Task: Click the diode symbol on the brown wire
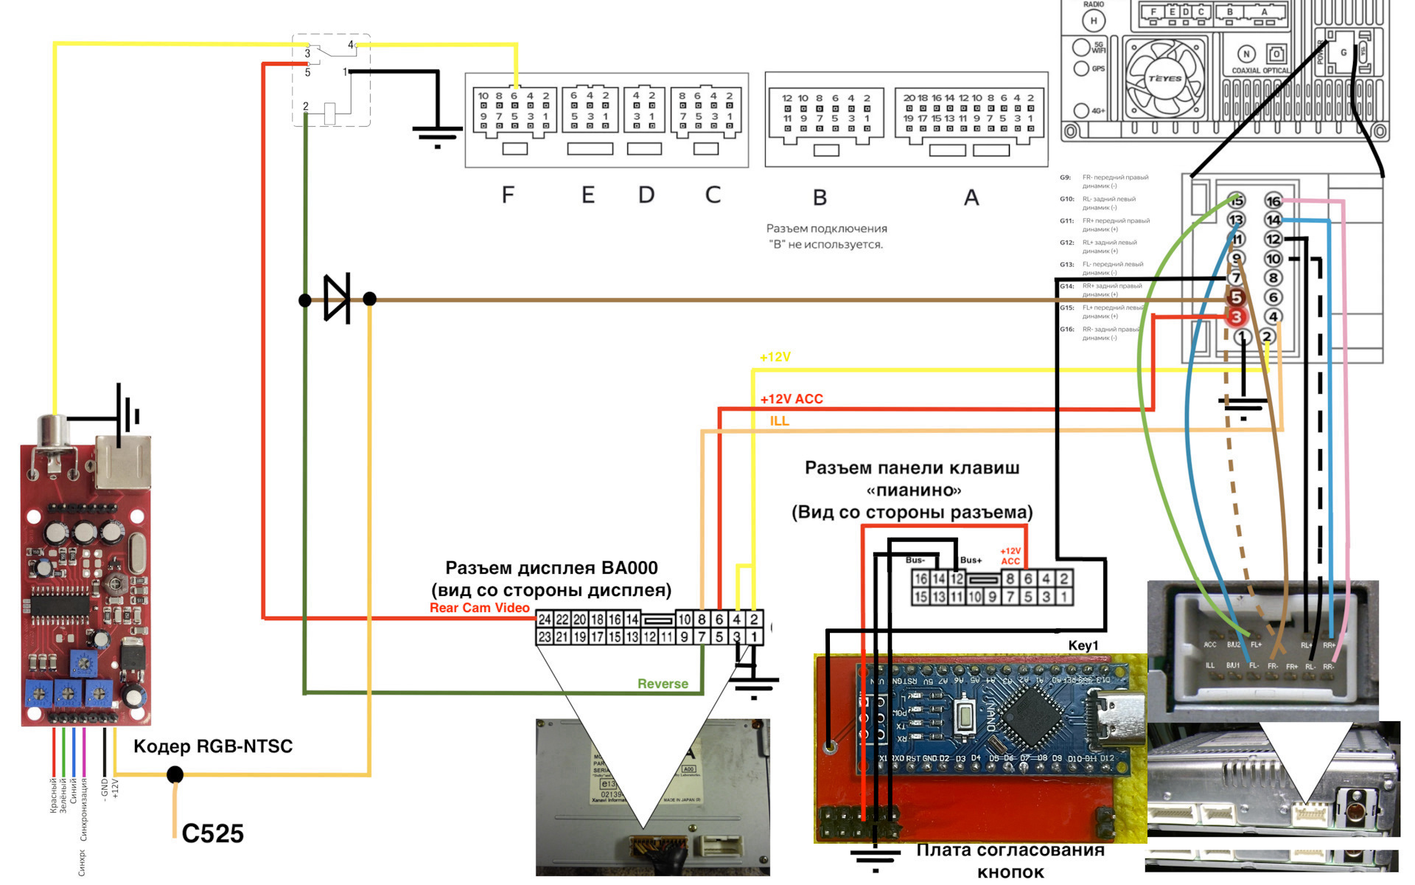tap(338, 299)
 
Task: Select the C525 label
tap(212, 833)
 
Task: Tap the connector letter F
tap(508, 195)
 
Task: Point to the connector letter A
tap(971, 198)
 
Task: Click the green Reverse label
tap(663, 684)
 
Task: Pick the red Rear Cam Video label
tap(479, 608)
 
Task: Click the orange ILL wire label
tap(779, 421)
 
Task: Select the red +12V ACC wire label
tap(792, 399)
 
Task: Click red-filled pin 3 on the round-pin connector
tap(1236, 317)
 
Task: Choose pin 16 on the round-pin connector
tap(1273, 201)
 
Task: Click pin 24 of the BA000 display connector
tap(545, 619)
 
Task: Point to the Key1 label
tap(1083, 645)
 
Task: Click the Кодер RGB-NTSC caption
tap(213, 746)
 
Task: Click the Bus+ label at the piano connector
tap(971, 560)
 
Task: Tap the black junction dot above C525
tap(175, 774)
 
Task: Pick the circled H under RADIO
tap(1094, 21)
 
